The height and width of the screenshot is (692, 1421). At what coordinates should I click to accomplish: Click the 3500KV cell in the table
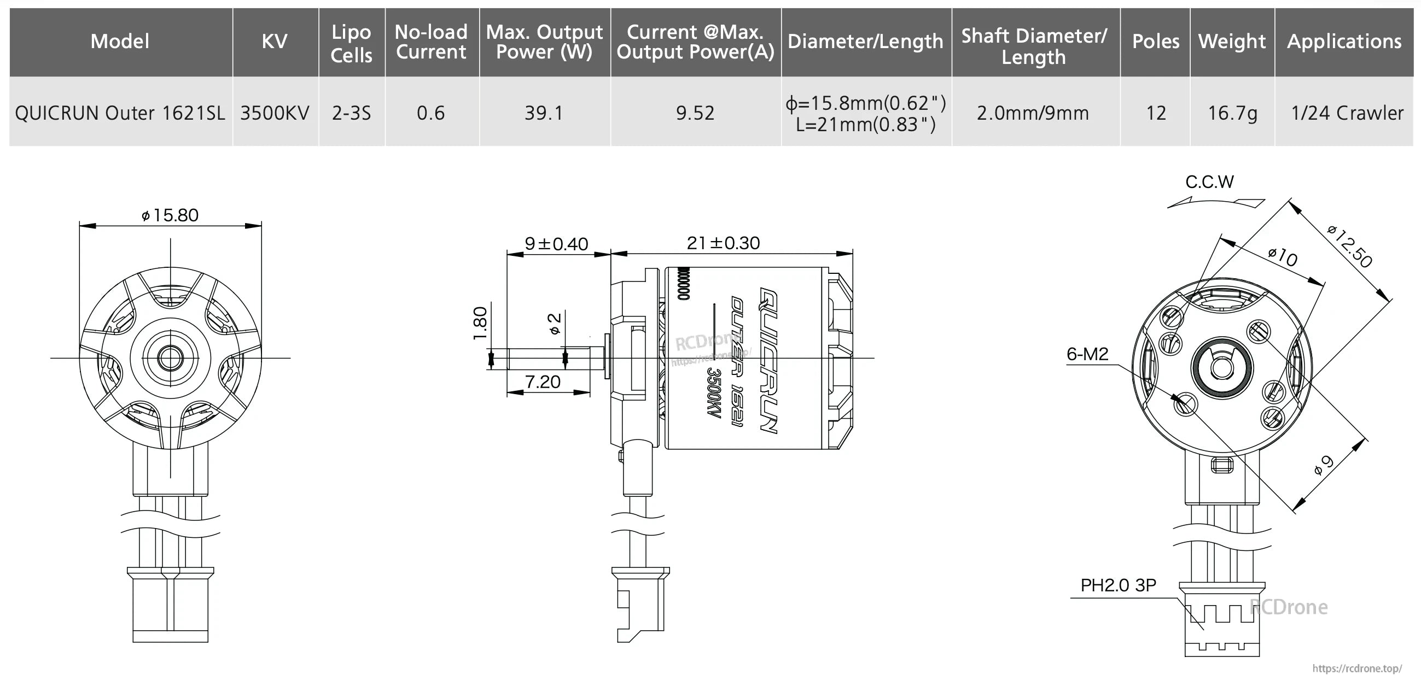(x=274, y=113)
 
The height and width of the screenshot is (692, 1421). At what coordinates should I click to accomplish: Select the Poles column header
(x=1155, y=42)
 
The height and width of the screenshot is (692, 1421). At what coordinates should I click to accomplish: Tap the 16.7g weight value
(x=1232, y=113)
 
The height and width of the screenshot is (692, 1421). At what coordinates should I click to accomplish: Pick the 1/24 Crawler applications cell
(x=1347, y=113)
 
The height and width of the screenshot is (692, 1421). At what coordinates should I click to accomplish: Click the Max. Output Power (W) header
(x=544, y=42)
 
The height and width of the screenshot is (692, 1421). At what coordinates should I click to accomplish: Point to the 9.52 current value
(x=695, y=113)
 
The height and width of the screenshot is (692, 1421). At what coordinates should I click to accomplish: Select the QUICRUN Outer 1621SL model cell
(x=120, y=113)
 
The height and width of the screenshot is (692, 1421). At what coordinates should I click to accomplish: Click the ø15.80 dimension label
(x=170, y=215)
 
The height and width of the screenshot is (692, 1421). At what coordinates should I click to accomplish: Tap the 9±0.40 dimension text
(x=556, y=244)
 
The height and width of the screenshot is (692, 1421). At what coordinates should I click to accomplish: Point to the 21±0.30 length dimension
(x=723, y=243)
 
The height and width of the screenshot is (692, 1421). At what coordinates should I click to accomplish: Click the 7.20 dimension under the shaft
(x=542, y=382)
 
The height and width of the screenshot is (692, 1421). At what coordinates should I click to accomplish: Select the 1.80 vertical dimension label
(x=480, y=323)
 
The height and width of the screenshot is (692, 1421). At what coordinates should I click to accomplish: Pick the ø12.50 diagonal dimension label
(x=1349, y=246)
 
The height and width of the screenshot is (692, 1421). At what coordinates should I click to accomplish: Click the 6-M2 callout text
(x=1087, y=354)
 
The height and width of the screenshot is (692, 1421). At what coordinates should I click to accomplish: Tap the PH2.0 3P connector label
(x=1117, y=585)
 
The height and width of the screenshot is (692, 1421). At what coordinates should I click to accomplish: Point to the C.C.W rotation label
(x=1209, y=182)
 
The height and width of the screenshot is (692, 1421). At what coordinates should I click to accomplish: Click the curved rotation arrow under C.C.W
(x=1215, y=203)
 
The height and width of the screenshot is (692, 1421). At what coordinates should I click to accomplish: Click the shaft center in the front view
(x=171, y=358)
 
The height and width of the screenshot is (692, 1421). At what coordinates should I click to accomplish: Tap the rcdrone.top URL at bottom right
(x=1356, y=668)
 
